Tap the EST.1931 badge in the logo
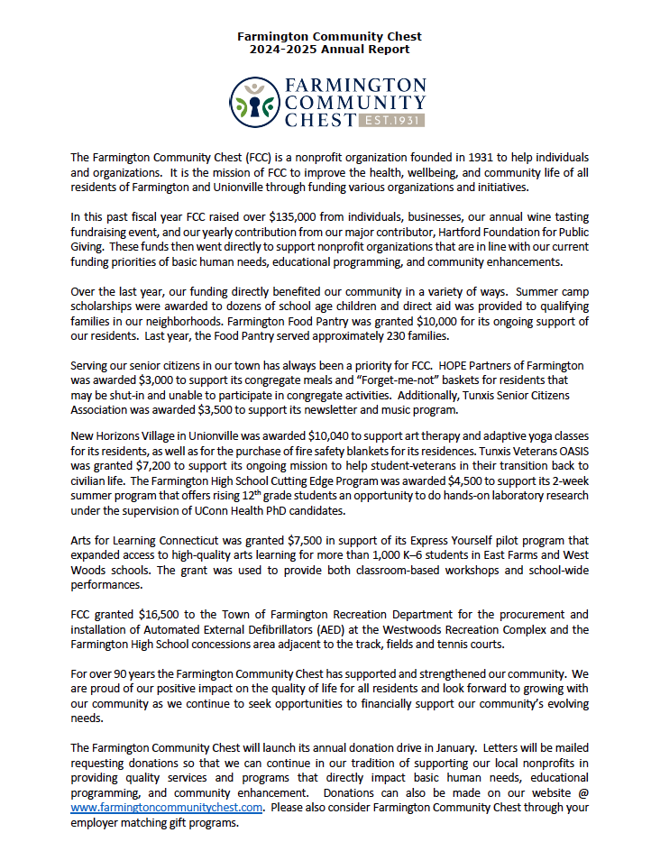tap(391, 120)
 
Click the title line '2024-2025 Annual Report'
tap(330, 50)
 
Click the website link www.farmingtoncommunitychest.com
tap(167, 808)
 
